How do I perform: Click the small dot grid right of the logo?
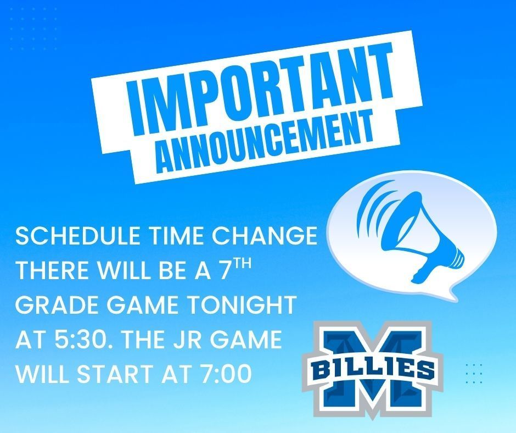pos(473,373)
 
